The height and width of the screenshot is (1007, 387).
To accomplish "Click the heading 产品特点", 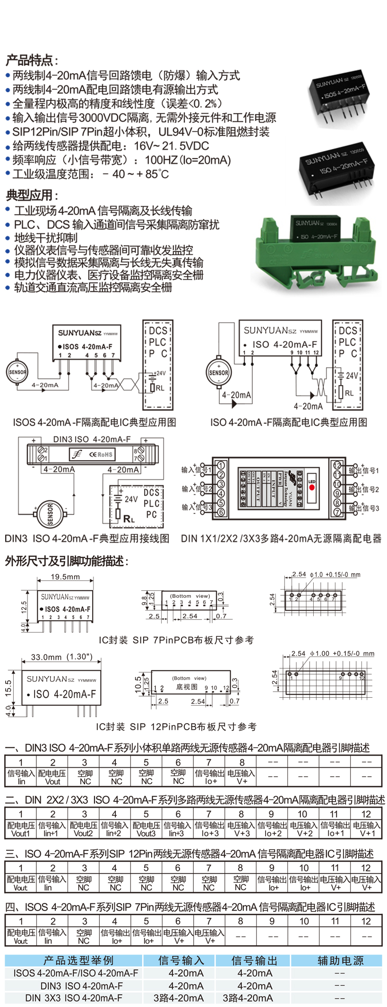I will (31, 61).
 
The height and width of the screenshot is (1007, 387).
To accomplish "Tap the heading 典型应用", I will (31, 195).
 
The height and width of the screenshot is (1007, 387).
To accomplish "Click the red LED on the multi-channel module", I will (312, 487).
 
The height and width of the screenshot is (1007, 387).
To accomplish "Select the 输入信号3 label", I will (197, 508).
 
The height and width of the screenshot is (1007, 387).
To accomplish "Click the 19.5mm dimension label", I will (65, 577).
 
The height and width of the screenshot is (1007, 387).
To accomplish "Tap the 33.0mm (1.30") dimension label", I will (62, 657).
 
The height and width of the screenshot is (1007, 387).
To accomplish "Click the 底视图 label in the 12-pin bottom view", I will (186, 686).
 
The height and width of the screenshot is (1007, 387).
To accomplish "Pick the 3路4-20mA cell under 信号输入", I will (179, 998).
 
